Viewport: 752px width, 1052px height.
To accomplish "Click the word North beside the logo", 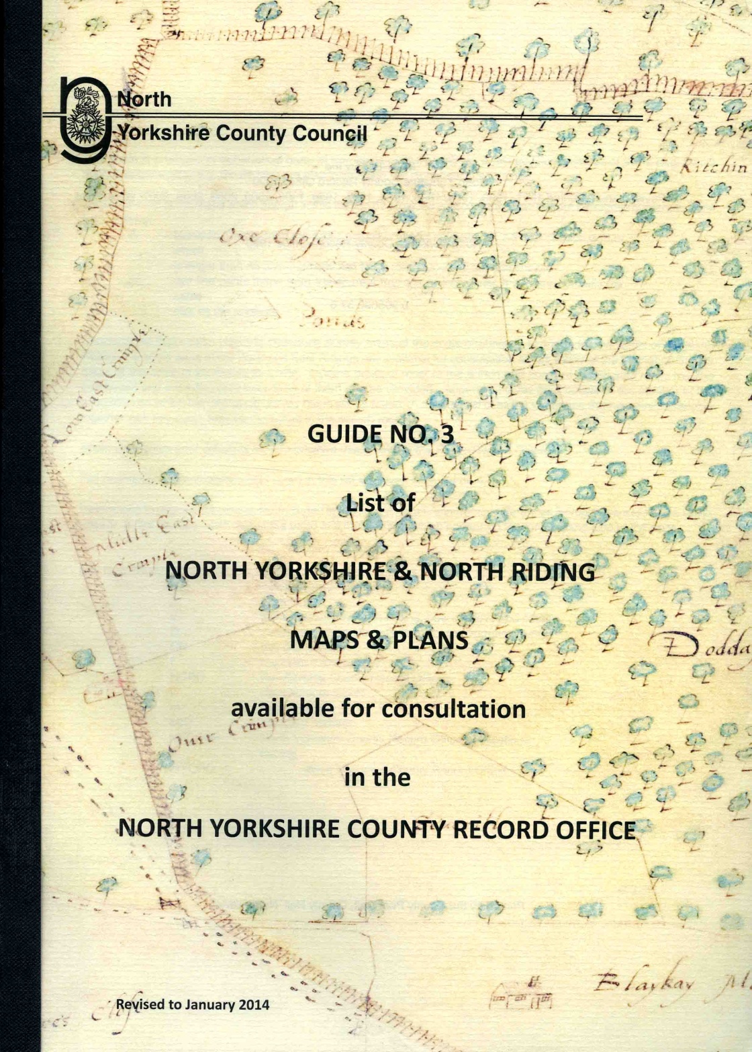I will pos(144,99).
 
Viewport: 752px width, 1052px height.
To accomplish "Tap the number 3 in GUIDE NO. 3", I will pos(446,434).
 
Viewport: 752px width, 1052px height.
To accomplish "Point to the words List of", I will pos(380,502).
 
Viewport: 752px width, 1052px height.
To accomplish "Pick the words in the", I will pos(377,777).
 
